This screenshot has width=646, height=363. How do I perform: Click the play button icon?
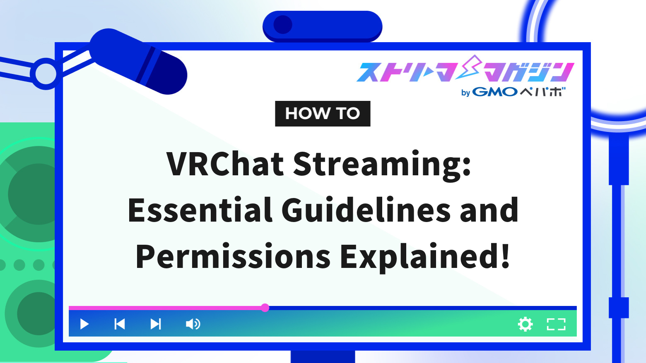pos(84,324)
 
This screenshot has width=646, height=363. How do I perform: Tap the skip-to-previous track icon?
pos(120,324)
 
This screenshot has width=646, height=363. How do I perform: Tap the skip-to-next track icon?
pos(156,324)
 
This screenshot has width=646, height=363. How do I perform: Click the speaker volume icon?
pos(193,324)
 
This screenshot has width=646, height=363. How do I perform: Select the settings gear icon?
pos(525,324)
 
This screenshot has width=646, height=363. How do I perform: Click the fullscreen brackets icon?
pos(556,324)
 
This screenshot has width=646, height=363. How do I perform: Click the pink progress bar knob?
pos(265,308)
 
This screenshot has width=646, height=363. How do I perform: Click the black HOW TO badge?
pos(323,114)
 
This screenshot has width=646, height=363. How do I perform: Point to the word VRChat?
pos(225,164)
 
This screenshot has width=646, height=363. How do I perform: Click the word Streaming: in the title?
pos(382,164)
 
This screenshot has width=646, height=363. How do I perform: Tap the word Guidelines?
pos(366,210)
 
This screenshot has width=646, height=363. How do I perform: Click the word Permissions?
pos(233,256)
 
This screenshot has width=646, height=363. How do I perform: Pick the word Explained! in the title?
pos(425,256)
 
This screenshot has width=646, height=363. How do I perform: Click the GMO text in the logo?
pos(495,92)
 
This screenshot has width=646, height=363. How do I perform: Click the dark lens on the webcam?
pos(283,25)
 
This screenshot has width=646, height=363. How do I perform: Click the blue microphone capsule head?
pos(139,61)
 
